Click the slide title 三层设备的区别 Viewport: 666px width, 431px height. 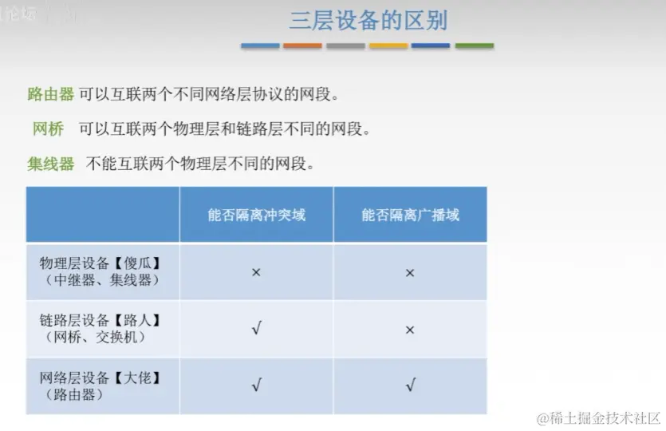(368, 21)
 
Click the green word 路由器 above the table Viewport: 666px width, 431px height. (50, 94)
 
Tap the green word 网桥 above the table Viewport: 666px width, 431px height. (48, 129)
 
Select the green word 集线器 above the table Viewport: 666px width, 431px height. (50, 164)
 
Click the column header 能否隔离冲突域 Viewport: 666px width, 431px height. (257, 215)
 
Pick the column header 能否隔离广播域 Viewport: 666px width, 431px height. (410, 215)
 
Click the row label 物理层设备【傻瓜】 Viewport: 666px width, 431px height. (100, 263)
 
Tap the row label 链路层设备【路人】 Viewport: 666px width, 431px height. (100, 320)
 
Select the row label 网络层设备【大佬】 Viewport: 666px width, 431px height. (100, 378)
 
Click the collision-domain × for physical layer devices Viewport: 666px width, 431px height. (256, 272)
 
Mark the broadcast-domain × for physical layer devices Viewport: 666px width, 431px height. (410, 273)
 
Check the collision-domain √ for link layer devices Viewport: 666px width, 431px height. (257, 328)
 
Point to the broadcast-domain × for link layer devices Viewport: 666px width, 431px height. (410, 330)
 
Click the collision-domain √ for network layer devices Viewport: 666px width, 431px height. (257, 385)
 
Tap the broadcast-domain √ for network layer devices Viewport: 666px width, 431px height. (410, 385)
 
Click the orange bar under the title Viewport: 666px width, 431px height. (302, 45)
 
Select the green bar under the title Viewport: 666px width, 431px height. (475, 45)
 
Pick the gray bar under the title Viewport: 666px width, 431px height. (345, 45)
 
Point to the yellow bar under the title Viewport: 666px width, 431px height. (388, 45)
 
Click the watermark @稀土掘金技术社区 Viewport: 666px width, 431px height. (599, 418)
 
